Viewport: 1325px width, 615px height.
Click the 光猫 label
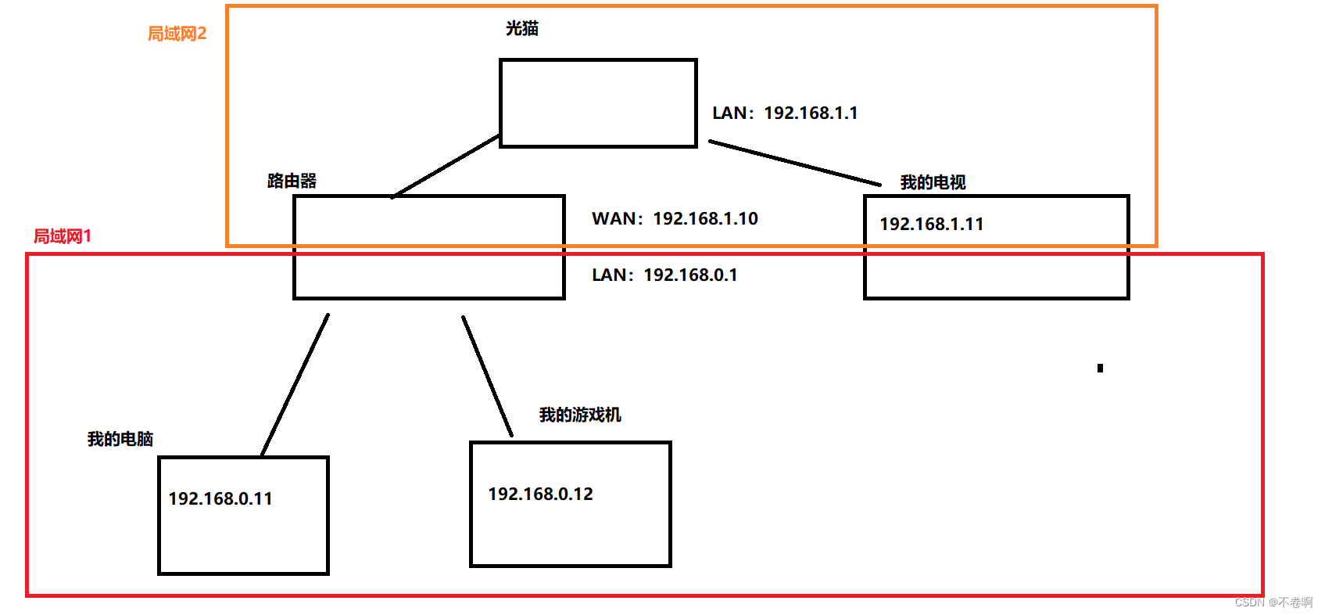click(521, 29)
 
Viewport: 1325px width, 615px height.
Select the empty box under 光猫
click(598, 102)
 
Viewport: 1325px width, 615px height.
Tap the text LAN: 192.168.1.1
click(785, 113)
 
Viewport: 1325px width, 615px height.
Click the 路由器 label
click(292, 182)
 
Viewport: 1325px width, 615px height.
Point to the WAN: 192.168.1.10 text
click(675, 219)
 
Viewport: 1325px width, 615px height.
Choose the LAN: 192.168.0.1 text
click(664, 275)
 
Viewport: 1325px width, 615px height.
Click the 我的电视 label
click(933, 183)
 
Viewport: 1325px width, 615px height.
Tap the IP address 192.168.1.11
click(931, 225)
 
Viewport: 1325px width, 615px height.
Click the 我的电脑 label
click(120, 440)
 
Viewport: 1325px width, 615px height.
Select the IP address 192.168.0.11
click(220, 499)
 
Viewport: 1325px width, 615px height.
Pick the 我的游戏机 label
click(580, 415)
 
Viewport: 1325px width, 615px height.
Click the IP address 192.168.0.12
click(540, 495)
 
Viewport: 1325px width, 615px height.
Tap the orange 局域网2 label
click(177, 34)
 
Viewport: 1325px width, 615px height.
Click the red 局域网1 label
click(63, 236)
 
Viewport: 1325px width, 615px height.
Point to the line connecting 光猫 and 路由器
click(446, 166)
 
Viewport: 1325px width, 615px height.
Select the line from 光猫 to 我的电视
click(794, 163)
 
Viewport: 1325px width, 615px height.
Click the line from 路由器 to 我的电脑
click(295, 384)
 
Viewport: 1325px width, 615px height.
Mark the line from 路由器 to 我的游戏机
click(487, 376)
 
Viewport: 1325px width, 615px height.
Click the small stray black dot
click(1100, 368)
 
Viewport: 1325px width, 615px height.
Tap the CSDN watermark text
click(1273, 602)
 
